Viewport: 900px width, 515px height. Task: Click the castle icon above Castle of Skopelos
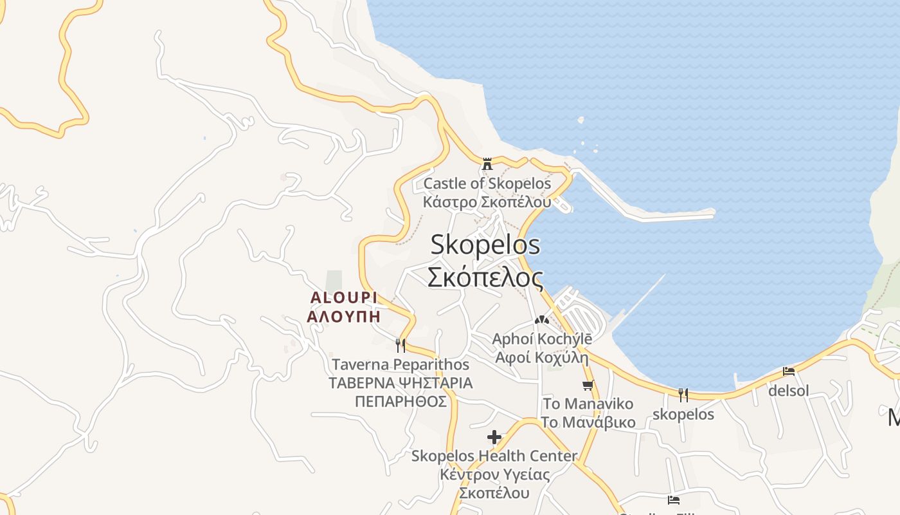click(487, 164)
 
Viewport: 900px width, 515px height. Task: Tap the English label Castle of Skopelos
click(487, 183)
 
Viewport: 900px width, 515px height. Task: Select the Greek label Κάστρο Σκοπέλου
click(487, 202)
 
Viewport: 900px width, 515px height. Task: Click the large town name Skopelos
click(485, 245)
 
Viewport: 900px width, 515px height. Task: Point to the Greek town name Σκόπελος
click(485, 277)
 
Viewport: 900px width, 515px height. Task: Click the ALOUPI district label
click(343, 297)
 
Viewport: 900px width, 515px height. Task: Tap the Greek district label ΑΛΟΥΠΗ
click(343, 317)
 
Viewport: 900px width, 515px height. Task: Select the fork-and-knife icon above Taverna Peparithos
click(401, 346)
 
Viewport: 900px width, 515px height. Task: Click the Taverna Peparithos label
click(400, 364)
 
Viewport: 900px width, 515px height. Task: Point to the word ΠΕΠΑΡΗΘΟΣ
click(401, 402)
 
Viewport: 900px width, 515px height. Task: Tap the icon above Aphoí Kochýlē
click(541, 319)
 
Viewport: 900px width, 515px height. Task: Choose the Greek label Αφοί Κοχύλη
click(542, 357)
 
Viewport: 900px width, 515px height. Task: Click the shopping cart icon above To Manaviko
click(588, 386)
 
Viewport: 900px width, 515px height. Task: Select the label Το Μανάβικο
click(588, 422)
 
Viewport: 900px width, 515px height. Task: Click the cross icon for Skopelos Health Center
click(494, 438)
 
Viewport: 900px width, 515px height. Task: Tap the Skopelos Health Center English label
click(494, 456)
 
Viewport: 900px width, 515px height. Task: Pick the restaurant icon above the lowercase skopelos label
click(683, 395)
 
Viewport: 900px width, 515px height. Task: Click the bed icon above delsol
click(789, 371)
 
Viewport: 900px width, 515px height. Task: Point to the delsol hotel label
click(789, 390)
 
